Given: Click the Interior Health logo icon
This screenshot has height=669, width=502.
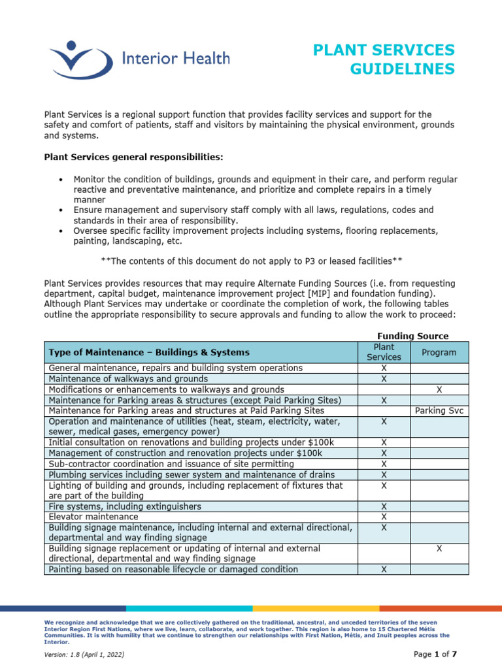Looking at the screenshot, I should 77,59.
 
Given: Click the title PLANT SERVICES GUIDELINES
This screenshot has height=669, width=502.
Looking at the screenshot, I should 384,59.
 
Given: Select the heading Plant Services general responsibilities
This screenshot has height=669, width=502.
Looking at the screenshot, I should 133,157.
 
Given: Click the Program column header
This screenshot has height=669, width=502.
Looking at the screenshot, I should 439,352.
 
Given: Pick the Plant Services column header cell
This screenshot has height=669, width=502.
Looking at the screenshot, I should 384,352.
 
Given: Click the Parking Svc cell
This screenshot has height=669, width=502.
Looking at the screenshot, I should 439,410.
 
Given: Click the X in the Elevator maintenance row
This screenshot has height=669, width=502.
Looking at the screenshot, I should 384,517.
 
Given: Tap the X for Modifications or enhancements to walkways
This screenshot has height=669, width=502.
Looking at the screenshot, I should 439,389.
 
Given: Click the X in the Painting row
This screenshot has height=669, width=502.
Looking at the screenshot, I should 384,570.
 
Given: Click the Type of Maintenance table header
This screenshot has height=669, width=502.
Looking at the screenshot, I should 149,352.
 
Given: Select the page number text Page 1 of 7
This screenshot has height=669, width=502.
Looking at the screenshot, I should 435,654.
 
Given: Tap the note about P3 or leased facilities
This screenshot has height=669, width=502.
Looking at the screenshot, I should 251,261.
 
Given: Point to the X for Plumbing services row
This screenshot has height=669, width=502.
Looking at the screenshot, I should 384,474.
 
